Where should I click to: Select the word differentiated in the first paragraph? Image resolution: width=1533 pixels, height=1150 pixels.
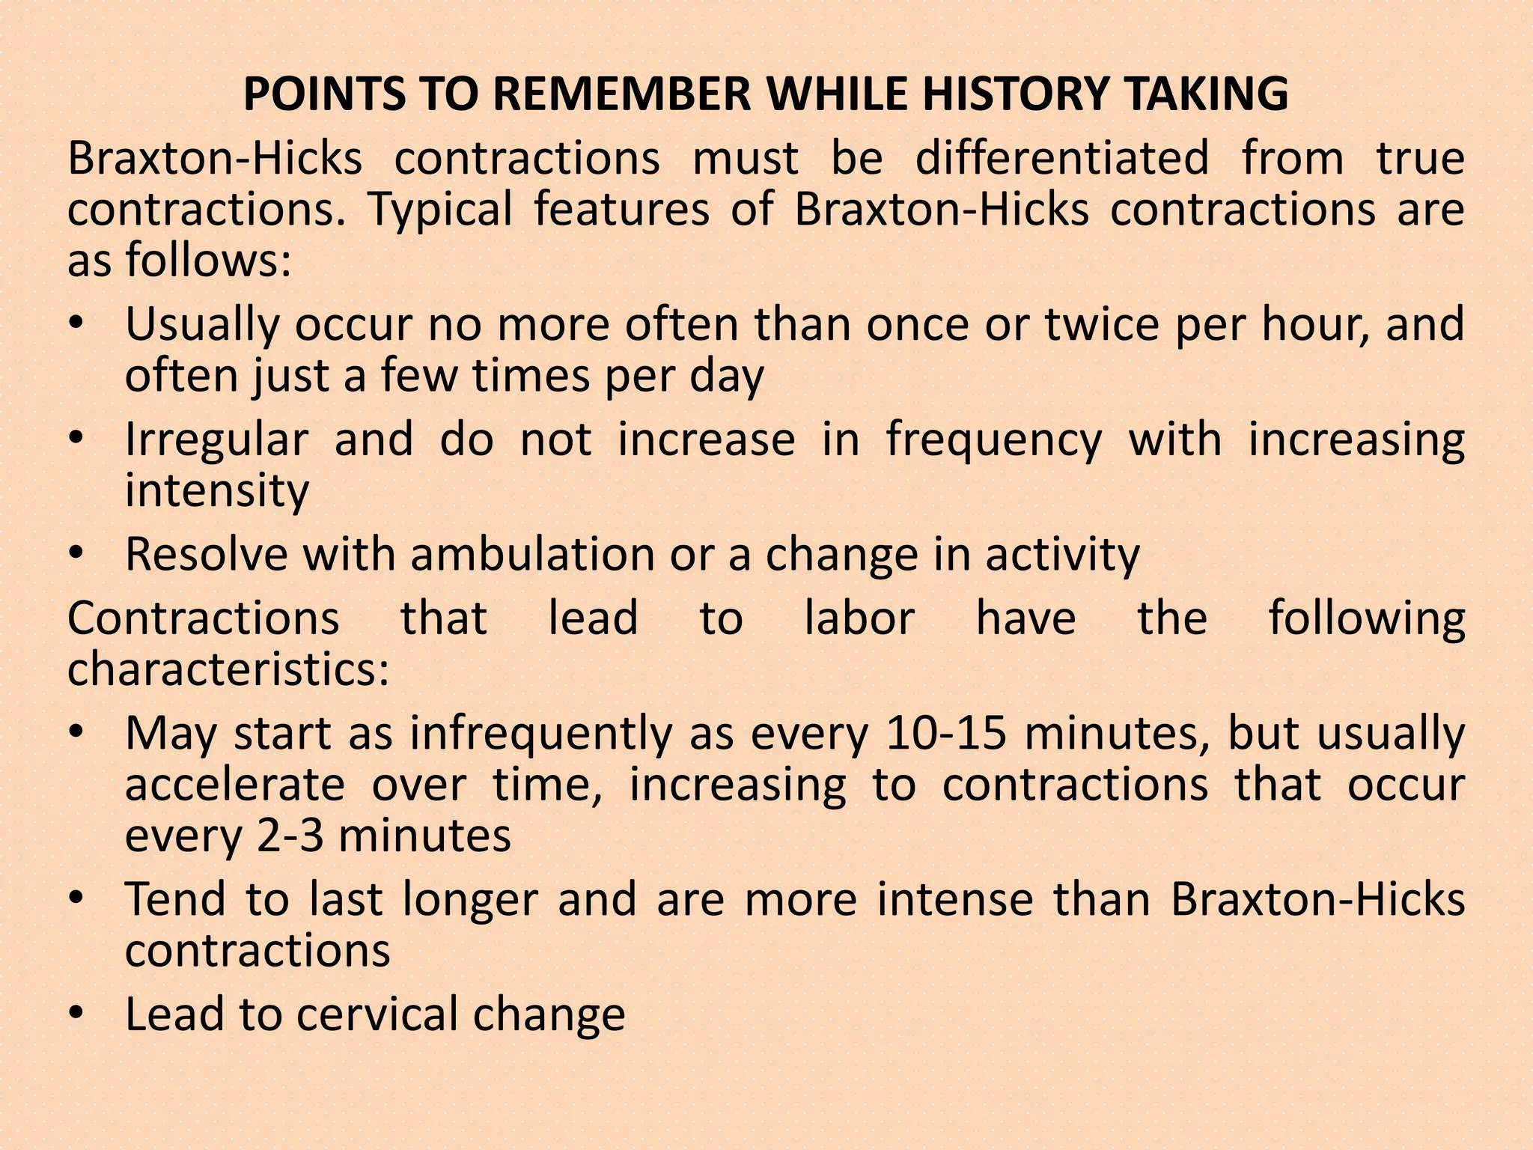point(1061,159)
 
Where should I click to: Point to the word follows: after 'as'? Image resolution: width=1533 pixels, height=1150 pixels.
point(208,261)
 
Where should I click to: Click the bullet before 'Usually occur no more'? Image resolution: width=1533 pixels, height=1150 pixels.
point(76,326)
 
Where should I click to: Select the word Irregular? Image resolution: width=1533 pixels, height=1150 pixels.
point(216,440)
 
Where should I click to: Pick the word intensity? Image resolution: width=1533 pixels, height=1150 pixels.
point(217,491)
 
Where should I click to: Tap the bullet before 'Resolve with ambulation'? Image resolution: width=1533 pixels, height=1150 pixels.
point(76,556)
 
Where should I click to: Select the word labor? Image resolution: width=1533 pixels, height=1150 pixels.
point(859,618)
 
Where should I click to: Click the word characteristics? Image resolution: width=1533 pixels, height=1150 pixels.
point(228,669)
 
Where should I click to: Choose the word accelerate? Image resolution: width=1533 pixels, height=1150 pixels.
point(234,785)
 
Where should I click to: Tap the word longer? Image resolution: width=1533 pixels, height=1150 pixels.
point(470,900)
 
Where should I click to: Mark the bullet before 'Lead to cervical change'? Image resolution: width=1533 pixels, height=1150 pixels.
point(76,1014)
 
